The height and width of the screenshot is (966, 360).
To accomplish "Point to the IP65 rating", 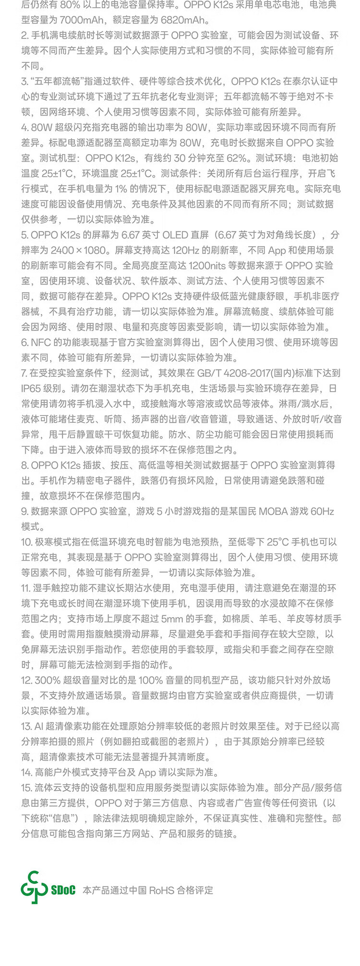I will [32, 388].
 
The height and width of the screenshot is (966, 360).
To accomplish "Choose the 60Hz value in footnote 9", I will [322, 511].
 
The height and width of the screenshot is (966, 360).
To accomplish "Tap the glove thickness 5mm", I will [172, 619].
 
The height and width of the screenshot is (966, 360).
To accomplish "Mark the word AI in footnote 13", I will [39, 726].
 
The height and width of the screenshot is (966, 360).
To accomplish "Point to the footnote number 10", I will [26, 542].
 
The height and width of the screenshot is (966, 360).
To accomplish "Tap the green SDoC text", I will [63, 891].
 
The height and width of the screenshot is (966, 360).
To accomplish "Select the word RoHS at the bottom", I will [161, 890].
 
